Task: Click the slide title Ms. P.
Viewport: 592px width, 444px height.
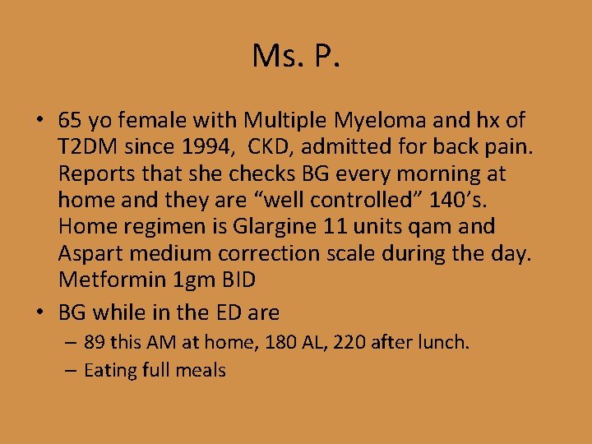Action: (296, 57)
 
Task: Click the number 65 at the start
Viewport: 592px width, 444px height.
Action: (69, 121)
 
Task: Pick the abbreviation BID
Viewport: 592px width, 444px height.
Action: (237, 279)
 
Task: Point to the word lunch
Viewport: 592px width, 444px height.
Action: (445, 342)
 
